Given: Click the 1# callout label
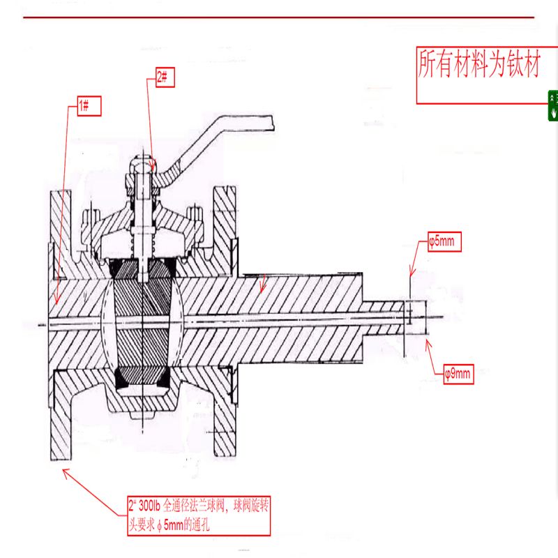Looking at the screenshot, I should coord(88,106).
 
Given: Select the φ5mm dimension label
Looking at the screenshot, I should coord(444,243).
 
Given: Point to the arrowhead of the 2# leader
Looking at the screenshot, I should coord(153,165).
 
